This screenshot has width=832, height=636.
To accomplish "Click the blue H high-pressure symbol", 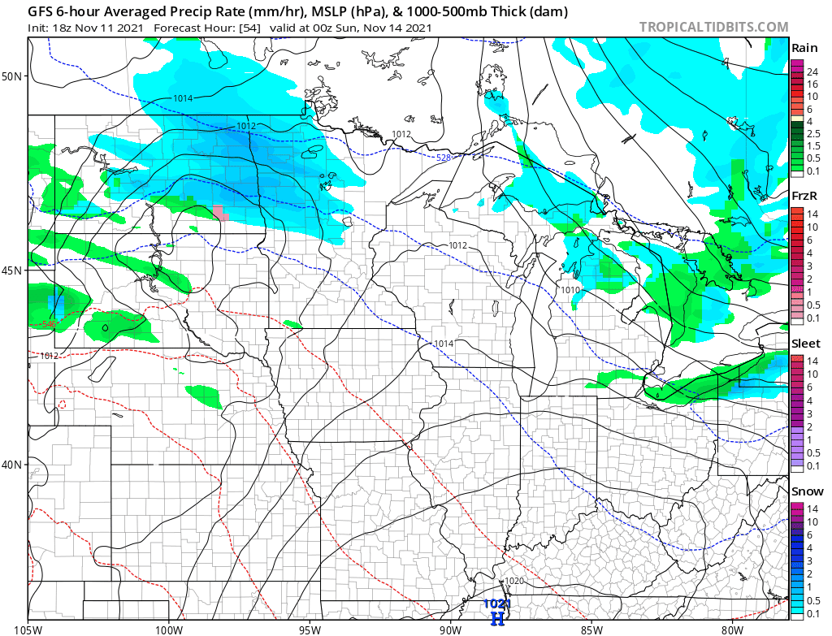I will pos(498,618).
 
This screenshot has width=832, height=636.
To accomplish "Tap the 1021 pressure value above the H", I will pos(496,604).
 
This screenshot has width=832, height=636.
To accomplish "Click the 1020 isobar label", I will pos(513,582).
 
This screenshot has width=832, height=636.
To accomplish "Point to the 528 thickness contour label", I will pos(443,158).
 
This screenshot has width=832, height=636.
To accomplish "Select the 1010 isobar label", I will pos(570,290).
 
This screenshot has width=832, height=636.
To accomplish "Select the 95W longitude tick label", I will pos(310,628).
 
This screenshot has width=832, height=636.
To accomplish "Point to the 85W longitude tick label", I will pos(591,628).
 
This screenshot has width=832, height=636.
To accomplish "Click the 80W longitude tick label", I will pos(732,628).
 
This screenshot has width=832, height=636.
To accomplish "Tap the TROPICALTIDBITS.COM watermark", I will pos(713,27).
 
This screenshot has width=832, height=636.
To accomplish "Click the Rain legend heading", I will pos(804,48).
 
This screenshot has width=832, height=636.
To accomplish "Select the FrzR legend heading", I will pos(804,196).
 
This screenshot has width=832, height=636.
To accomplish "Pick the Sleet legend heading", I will pos(806,344).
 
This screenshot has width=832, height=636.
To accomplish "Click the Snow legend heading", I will pos(807,491).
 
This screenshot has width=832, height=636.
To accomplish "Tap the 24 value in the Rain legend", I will pos(812,72).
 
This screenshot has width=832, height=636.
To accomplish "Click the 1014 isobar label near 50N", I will pos(182,98).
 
